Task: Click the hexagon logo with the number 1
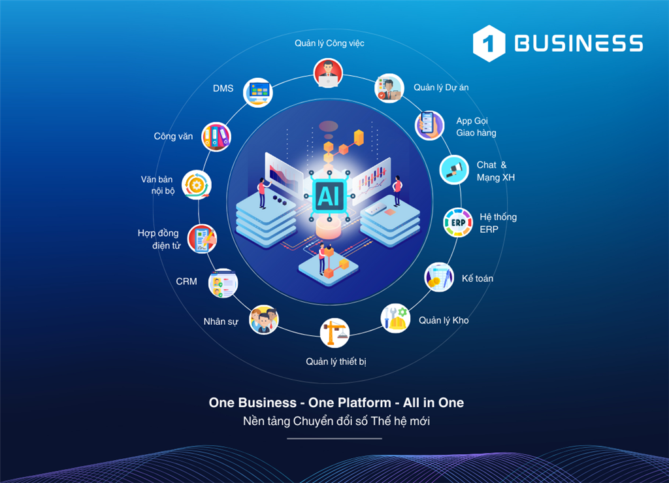coord(489,43)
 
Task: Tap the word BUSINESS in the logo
coord(579,43)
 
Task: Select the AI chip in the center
coord(329,196)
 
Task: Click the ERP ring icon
coord(458,222)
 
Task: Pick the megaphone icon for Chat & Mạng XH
coord(455,169)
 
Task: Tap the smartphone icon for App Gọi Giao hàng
coord(430,125)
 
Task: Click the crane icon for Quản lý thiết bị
coord(334,333)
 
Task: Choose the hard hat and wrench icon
coord(395,318)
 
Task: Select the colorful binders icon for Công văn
coord(216,137)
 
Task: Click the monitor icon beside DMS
coord(257,92)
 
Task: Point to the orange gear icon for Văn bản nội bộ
coord(196,185)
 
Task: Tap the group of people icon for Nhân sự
coord(264,319)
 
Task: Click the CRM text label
coord(186,282)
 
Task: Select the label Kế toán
coord(478,278)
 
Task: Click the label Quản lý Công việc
coord(329,43)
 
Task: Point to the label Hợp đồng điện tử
coord(159,239)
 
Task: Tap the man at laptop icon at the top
coord(328,73)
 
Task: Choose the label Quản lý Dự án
coord(441,88)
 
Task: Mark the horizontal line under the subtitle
coord(334,438)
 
